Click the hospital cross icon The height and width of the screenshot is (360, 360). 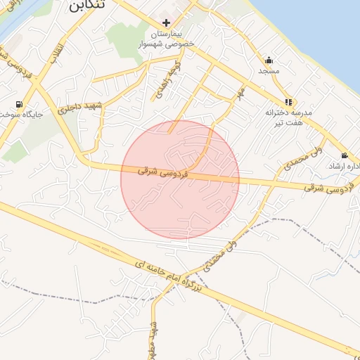click(x=166, y=22)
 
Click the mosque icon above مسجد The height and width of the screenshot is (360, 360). click(x=269, y=60)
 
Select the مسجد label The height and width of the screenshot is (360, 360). click(x=269, y=71)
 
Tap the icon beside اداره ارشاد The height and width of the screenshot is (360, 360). click(x=344, y=155)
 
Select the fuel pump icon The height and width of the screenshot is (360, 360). click(x=18, y=105)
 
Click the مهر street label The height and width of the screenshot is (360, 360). click(x=240, y=94)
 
